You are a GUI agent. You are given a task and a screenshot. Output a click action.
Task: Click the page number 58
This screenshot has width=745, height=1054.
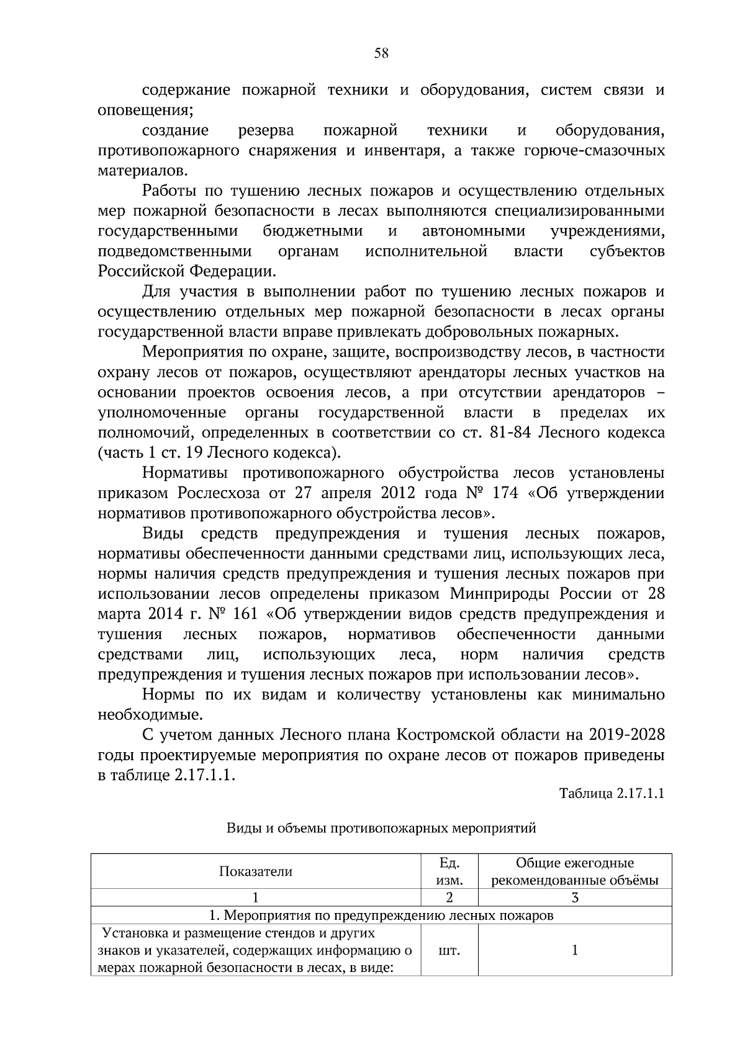[x=381, y=53]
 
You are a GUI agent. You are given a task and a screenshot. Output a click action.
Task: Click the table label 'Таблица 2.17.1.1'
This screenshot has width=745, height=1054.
[x=612, y=794]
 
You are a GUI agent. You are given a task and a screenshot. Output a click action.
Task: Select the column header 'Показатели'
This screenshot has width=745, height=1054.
[x=255, y=871]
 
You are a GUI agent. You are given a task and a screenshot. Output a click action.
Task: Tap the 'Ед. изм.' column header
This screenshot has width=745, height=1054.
[x=449, y=871]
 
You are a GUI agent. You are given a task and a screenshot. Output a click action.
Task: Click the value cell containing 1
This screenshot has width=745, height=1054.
[x=574, y=950]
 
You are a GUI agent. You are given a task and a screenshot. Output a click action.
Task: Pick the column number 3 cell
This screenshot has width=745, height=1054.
[x=574, y=897]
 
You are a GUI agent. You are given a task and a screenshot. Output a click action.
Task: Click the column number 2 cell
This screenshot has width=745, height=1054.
[x=449, y=897]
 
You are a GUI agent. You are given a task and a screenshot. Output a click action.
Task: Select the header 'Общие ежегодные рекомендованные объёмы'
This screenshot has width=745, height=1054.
[x=574, y=871]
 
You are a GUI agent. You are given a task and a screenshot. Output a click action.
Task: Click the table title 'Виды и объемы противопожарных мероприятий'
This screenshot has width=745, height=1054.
[x=381, y=828]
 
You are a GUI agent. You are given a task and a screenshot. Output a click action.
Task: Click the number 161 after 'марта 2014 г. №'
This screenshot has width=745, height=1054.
[x=245, y=614]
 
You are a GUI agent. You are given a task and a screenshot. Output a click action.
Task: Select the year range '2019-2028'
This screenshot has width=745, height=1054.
[x=626, y=735]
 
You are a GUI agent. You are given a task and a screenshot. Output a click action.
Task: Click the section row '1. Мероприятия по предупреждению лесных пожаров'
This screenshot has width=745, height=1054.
[x=381, y=915]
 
